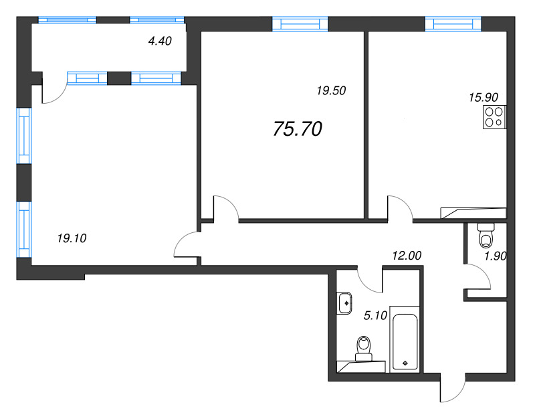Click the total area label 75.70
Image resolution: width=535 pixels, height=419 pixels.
pos(298,130)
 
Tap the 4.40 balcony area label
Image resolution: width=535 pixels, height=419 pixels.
pos(160,41)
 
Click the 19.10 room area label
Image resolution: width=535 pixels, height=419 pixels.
pos(74,237)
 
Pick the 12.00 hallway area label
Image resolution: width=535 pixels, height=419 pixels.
pos(407,255)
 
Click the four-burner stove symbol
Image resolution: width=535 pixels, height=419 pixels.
pos(494,117)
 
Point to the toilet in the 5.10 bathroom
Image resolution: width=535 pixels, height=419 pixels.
pos(364,348)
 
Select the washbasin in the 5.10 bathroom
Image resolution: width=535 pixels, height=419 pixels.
pos(346,303)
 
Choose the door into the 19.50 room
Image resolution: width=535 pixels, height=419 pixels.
pos(225,207)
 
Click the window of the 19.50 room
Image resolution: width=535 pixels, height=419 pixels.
pos(300,25)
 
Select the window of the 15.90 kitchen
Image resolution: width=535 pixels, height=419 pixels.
pos(453,25)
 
